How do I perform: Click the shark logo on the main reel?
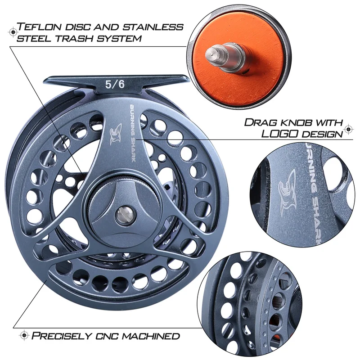(x=115, y=133)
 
